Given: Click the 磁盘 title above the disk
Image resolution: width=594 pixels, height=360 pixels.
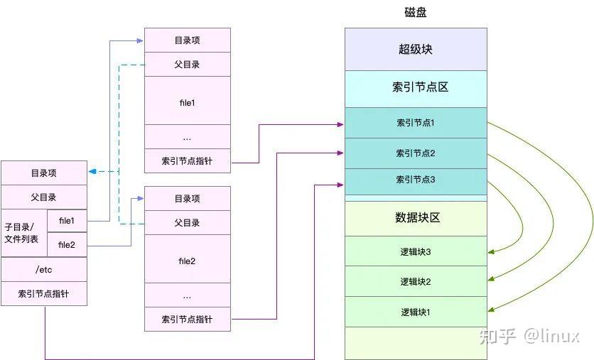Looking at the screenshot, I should tap(415, 13).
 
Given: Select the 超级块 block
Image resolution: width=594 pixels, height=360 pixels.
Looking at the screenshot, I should tap(416, 49).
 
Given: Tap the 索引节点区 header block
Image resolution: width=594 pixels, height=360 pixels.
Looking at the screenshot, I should tap(416, 88).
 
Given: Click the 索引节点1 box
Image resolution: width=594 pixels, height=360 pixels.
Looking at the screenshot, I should tap(416, 123).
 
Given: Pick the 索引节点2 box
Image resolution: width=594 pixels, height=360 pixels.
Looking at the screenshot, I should tap(416, 153).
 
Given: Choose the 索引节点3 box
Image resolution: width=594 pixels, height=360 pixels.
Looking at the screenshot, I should tap(416, 179).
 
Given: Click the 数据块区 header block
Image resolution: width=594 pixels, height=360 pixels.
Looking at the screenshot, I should tap(416, 218).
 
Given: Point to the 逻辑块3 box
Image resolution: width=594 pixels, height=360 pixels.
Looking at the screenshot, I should tap(416, 251).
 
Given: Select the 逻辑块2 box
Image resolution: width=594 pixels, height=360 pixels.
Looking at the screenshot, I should tap(416, 281).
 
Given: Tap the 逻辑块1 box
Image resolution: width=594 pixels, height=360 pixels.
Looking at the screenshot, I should tap(416, 312).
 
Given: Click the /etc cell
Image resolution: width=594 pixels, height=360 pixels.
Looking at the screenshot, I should tap(44, 269).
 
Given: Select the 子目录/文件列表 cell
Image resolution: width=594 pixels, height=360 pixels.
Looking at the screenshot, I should tap(24, 233).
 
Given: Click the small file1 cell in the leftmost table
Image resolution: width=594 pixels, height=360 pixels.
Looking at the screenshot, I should tap(67, 221).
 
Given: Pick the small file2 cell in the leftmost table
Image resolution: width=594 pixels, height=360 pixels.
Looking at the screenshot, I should tap(67, 245).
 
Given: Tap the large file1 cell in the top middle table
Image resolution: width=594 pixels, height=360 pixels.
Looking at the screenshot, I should tap(188, 102).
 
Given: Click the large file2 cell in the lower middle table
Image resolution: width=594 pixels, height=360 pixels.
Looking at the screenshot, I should tap(188, 261).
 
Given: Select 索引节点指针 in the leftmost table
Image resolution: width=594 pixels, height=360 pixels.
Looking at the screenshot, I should tap(44, 294).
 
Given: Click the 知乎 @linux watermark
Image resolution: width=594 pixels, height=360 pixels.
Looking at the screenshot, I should tap(529, 336).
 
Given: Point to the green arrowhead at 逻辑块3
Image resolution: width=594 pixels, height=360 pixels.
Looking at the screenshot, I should tap(491, 251).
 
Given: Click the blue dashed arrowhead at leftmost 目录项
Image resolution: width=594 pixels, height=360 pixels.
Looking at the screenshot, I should tap(92, 171).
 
